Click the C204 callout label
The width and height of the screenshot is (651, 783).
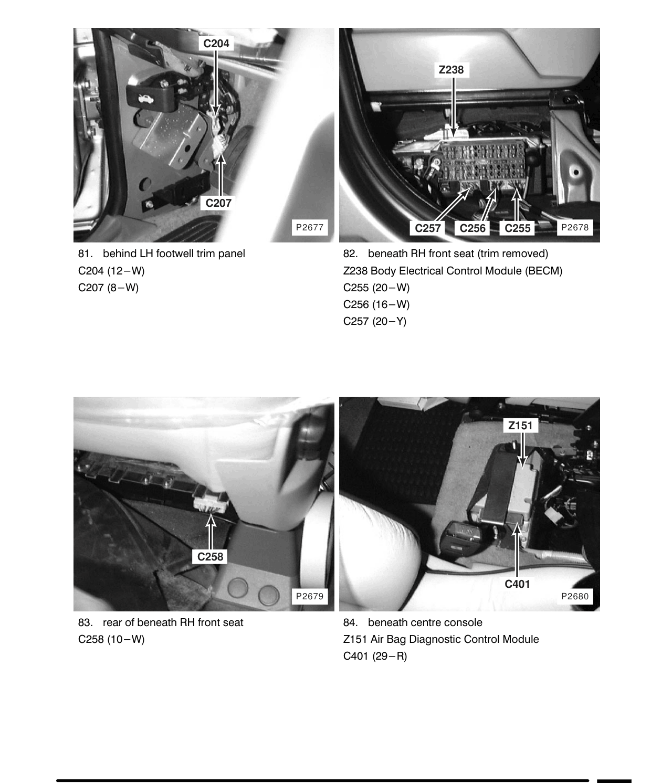(216, 44)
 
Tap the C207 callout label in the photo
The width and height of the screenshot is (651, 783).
(218, 203)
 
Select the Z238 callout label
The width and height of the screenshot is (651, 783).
(451, 70)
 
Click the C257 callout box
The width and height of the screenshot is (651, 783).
(428, 228)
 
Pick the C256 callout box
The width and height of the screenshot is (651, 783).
(472, 228)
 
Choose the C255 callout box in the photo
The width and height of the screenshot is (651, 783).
(518, 228)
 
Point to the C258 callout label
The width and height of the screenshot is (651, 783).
(210, 556)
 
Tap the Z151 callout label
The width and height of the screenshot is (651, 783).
(520, 426)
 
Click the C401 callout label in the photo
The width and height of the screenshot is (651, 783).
(518, 584)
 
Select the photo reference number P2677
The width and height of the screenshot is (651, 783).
(310, 227)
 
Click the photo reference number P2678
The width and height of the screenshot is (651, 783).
(575, 227)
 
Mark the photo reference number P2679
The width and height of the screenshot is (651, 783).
(310, 596)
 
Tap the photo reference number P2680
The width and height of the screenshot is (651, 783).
(575, 596)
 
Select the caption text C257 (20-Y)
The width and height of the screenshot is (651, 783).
(374, 321)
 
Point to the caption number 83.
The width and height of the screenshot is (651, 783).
(85, 622)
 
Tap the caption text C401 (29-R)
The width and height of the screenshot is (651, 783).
(375, 656)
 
